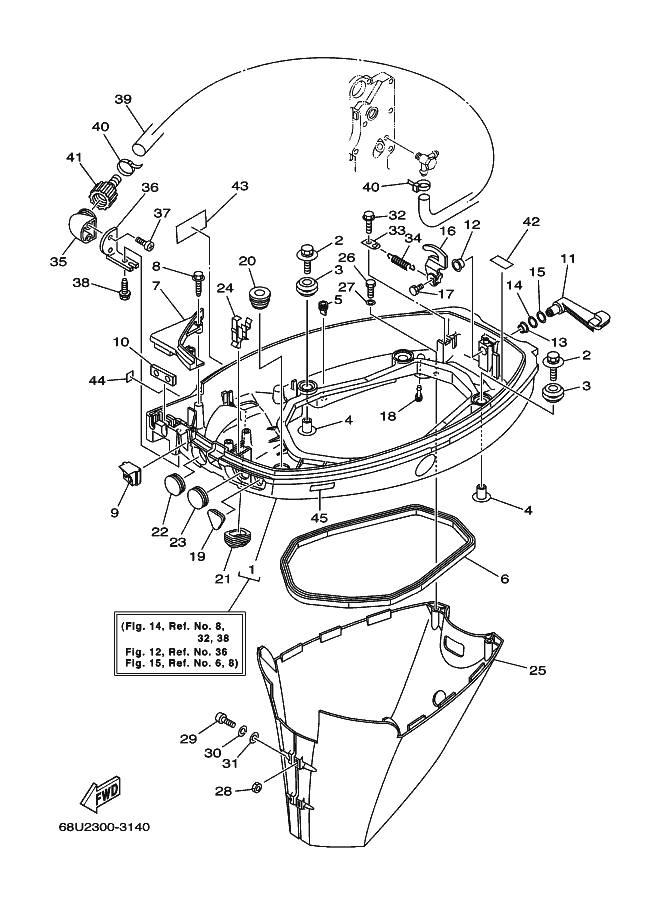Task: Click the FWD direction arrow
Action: pos(101,793)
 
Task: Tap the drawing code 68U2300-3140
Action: pos(104,827)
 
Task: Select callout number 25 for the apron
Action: pos(538,670)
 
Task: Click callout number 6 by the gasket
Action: pos(504,579)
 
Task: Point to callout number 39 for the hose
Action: pos(123,100)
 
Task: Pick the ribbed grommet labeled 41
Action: pos(103,194)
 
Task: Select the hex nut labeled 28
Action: pos(255,789)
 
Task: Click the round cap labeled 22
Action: pos(174,484)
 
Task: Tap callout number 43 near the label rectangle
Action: pos(239,186)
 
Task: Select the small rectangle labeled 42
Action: pos(504,260)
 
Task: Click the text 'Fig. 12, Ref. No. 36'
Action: pos(176,652)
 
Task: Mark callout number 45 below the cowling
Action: pos(319,516)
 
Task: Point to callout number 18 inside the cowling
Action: pos(388,416)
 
